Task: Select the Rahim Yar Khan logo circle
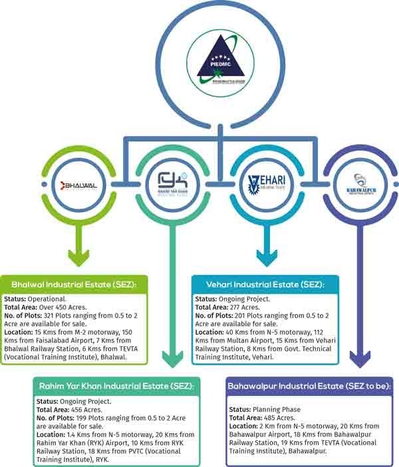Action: tap(172, 183)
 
